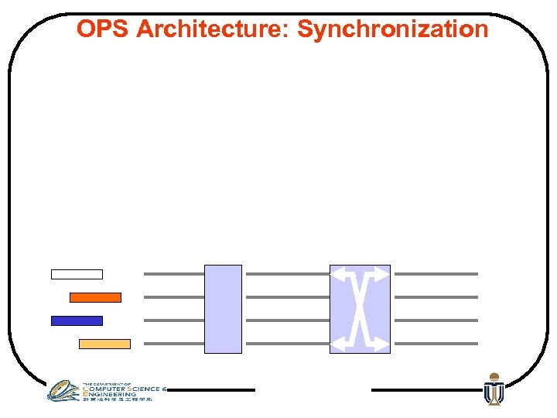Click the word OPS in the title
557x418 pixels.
point(103,29)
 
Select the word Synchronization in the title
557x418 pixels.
point(393,29)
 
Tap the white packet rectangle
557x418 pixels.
point(77,274)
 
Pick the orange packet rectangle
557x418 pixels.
point(95,297)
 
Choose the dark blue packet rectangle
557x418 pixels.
point(77,320)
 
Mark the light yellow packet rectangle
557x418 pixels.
point(104,344)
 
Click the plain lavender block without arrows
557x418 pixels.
point(223,309)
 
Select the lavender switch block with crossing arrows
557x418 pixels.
point(360,309)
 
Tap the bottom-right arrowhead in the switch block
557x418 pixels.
point(383,345)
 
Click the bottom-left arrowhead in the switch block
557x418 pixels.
point(337,345)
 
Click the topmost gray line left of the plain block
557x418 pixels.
point(174,274)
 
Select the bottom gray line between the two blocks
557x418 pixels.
point(285,344)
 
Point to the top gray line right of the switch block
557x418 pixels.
point(436,274)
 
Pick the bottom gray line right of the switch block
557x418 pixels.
point(436,344)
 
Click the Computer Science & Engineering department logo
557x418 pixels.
point(104,391)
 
